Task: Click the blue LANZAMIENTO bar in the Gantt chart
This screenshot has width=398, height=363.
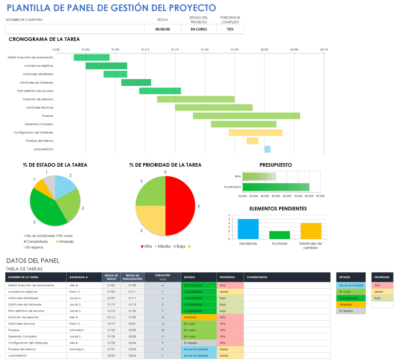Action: pyautogui.click(x=268, y=149)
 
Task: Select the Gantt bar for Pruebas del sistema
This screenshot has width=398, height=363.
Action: pyautogui.click(x=253, y=141)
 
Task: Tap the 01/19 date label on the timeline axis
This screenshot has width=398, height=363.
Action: pyautogui.click(x=175, y=50)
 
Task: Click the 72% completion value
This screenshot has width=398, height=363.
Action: pyautogui.click(x=230, y=29)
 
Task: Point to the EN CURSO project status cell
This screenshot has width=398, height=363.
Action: pyautogui.click(x=199, y=29)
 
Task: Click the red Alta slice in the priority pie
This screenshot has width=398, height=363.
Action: pyautogui.click(x=180, y=206)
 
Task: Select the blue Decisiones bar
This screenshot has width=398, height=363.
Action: pyautogui.click(x=248, y=229)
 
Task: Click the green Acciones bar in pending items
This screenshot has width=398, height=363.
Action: pyautogui.click(x=279, y=235)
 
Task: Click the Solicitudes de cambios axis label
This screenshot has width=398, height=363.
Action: pyautogui.click(x=310, y=245)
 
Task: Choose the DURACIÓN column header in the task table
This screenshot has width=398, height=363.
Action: pyautogui.click(x=162, y=277)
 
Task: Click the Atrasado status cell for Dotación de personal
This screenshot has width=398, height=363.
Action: pyautogui.click(x=199, y=317)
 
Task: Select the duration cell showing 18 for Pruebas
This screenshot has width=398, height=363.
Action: pyautogui.click(x=162, y=330)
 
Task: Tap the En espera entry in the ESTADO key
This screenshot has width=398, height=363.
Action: pyautogui.click(x=351, y=311)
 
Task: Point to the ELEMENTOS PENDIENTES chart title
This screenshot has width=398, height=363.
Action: pyautogui.click(x=278, y=208)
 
